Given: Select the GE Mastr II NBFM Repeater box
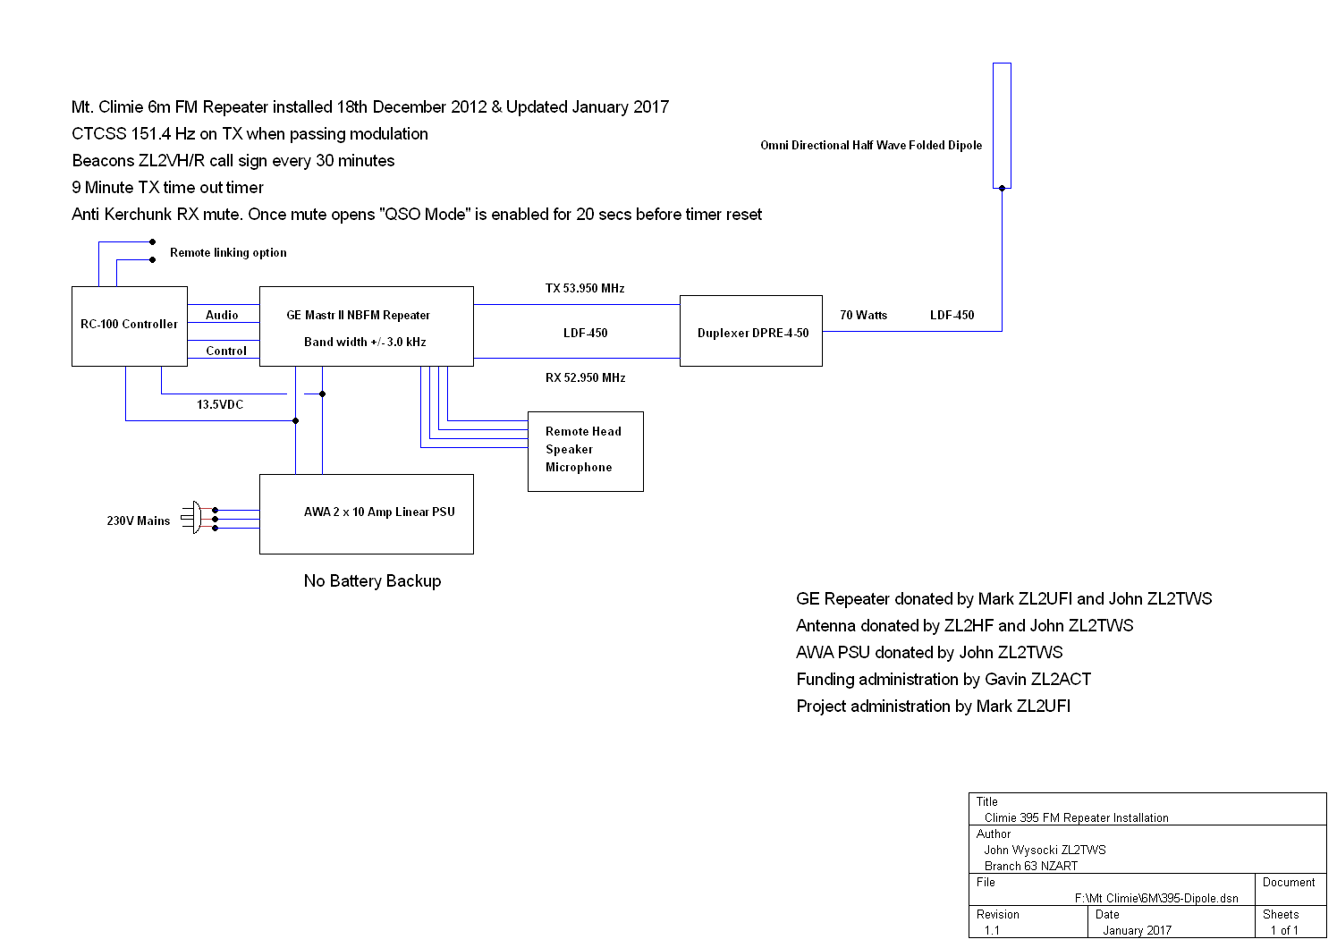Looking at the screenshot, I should click(x=366, y=326).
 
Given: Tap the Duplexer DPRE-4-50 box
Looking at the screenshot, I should click(x=751, y=331).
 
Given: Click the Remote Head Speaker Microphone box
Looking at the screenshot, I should click(x=585, y=451).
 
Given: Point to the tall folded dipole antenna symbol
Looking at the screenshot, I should click(x=1002, y=125).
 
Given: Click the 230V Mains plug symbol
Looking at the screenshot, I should click(x=193, y=517).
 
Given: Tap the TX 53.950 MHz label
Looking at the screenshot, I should click(x=585, y=289).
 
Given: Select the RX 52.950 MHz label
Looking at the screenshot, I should click(x=585, y=378).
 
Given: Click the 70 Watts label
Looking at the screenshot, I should click(x=863, y=316).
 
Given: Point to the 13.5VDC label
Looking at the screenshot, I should click(x=220, y=405).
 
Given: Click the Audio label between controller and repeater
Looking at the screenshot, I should click(x=222, y=316).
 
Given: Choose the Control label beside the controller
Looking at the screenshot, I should click(x=225, y=351).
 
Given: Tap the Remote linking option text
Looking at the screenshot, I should click(x=228, y=253).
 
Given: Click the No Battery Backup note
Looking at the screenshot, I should click(x=372, y=581).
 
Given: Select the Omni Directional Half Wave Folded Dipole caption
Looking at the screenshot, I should click(x=871, y=146).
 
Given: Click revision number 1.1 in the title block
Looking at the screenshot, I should click(x=992, y=930).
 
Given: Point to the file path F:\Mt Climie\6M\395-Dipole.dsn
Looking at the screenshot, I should click(x=1156, y=898).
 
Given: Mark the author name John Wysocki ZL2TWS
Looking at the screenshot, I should click(x=1045, y=850).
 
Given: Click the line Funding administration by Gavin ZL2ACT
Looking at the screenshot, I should click(x=944, y=680).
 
